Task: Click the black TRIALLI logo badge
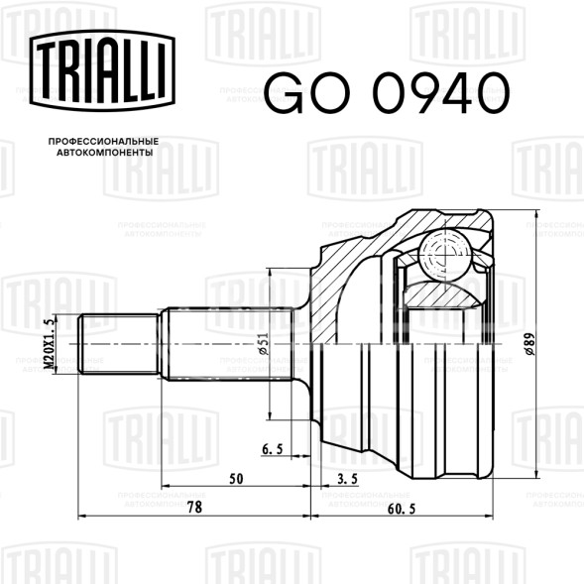102,70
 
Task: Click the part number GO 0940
387,93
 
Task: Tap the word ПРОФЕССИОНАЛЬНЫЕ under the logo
103,142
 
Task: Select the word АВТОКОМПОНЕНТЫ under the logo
105,153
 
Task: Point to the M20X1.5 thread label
49,344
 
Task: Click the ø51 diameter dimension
263,344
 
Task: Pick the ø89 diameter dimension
529,344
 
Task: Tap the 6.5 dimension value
273,449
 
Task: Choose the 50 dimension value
236,479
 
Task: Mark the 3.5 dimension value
347,479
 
